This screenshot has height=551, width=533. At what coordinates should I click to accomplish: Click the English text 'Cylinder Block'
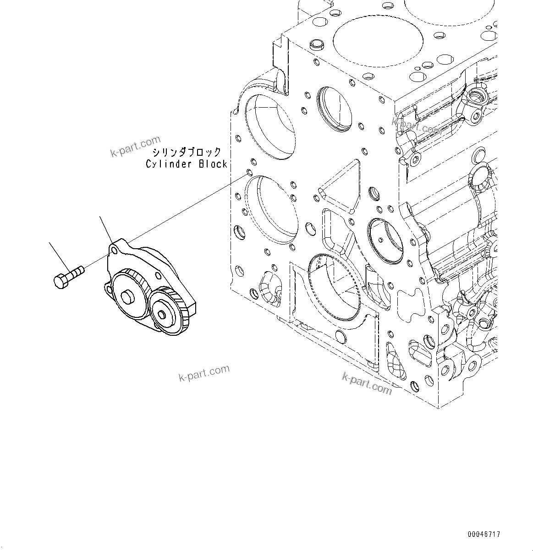coord(187,164)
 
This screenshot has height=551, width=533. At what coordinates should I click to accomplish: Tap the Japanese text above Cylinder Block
coord(187,152)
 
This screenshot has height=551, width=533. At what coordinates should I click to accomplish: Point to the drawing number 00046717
coord(484,534)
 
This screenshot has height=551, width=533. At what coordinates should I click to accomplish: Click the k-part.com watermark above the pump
coord(136,146)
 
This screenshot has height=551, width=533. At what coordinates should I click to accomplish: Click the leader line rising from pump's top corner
coord(106,229)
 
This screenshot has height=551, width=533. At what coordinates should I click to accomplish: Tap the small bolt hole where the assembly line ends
coord(249,172)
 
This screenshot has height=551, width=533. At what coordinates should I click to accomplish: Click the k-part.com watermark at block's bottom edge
coord(367,383)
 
